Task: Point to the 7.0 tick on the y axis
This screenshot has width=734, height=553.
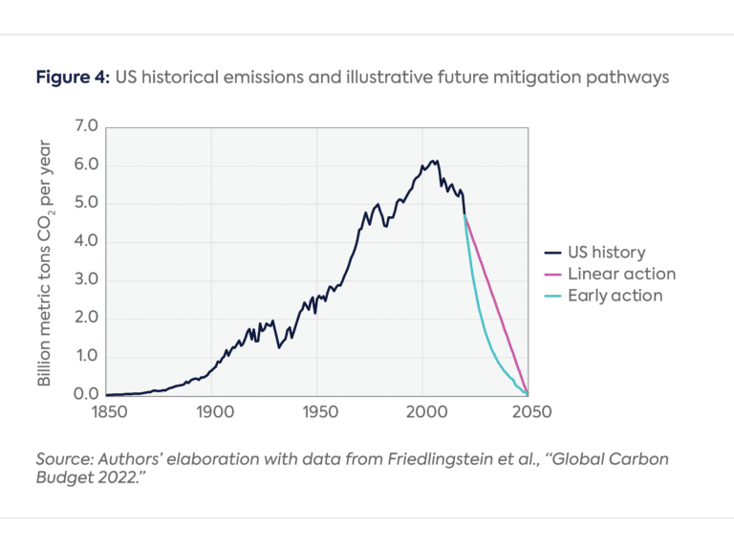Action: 87,126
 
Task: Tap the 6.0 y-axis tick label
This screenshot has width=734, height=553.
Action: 87,165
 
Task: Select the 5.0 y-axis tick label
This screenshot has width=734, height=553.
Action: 87,203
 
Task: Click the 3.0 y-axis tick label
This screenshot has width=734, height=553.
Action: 87,279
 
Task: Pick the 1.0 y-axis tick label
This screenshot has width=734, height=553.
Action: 87,356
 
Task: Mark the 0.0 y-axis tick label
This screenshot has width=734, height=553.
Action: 87,394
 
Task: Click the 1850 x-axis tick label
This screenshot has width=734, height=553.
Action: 106,412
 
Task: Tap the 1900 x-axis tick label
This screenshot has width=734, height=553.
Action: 212,412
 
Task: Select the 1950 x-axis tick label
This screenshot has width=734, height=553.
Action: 317,412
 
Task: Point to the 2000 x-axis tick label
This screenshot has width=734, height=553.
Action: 423,412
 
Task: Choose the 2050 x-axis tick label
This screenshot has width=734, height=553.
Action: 529,412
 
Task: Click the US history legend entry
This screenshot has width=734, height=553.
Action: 606,253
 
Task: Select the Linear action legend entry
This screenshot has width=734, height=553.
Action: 621,274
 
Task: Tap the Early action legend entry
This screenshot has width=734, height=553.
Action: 615,295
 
